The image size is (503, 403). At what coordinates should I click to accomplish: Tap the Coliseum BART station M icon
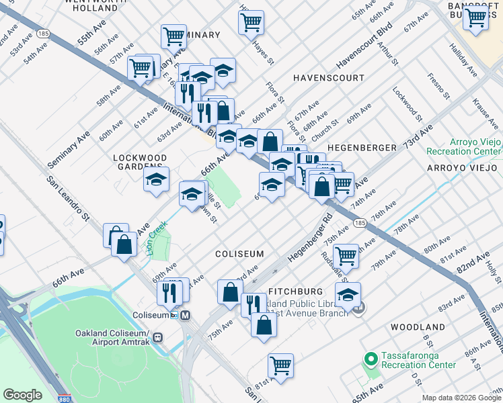185,315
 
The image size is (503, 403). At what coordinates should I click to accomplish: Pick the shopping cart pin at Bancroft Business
476,17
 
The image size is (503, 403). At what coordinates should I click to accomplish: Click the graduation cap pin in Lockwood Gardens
157,180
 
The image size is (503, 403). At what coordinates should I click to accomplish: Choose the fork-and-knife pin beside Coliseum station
169,292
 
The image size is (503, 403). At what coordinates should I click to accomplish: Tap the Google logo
22,395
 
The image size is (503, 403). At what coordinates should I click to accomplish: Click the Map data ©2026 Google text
461,398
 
